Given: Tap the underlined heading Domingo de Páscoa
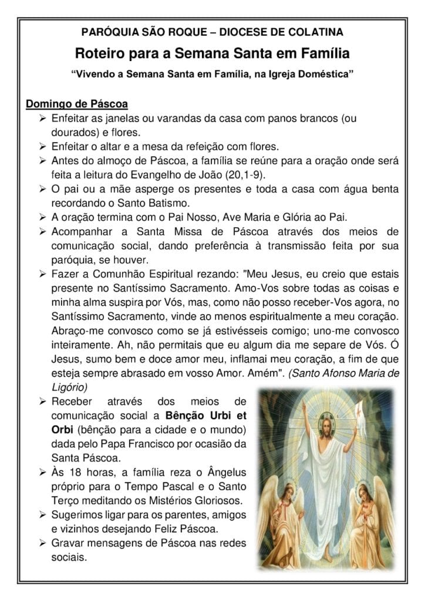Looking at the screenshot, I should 76,104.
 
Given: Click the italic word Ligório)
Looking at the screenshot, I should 69,387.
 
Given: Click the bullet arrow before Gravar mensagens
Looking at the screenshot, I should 43,542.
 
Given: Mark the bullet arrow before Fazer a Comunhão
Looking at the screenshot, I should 43,274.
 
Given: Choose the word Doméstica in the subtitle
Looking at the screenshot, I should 322,76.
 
